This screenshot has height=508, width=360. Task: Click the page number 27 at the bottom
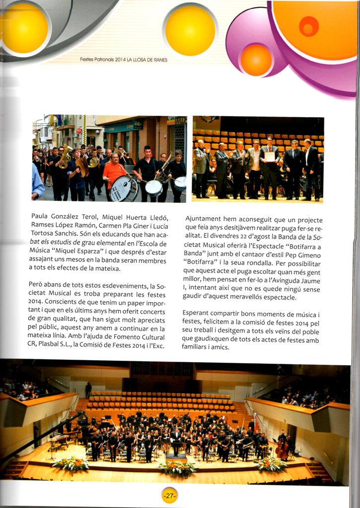point(169,496)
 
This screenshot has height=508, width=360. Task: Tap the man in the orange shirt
point(115,174)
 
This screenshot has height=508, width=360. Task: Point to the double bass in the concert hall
point(282,449)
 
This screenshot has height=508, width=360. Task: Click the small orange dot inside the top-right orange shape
point(308,26)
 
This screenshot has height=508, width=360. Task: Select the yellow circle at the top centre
point(190,29)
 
